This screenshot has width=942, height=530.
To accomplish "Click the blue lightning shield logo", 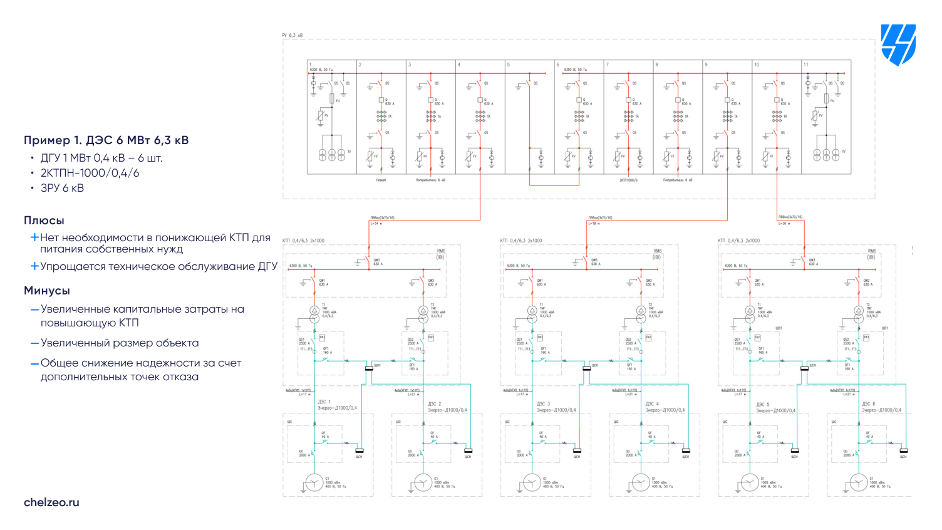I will [x=898, y=44].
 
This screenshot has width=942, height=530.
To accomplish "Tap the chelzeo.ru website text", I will [x=51, y=502].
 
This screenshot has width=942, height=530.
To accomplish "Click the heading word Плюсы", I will [x=44, y=221].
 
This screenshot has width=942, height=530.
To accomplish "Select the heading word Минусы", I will [x=47, y=291].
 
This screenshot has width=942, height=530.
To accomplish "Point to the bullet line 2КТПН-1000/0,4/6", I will [x=90, y=173].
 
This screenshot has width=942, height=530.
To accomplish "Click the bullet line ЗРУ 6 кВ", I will [x=62, y=188].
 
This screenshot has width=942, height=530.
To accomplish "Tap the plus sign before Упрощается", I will [x=35, y=266].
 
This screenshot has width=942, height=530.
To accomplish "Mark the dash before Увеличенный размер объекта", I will [x=35, y=343].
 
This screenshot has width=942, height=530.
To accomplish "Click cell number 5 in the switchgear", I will [x=509, y=65].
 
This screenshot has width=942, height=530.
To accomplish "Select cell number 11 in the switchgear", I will [x=806, y=65].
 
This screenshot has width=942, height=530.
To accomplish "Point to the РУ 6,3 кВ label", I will [x=292, y=36].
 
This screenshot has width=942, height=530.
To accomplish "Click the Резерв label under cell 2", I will [x=381, y=180].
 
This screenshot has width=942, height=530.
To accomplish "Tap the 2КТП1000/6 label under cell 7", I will [x=628, y=180].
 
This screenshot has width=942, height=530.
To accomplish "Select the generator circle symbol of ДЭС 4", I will [x=641, y=482].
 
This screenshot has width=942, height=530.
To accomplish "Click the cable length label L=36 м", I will [x=784, y=223].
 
